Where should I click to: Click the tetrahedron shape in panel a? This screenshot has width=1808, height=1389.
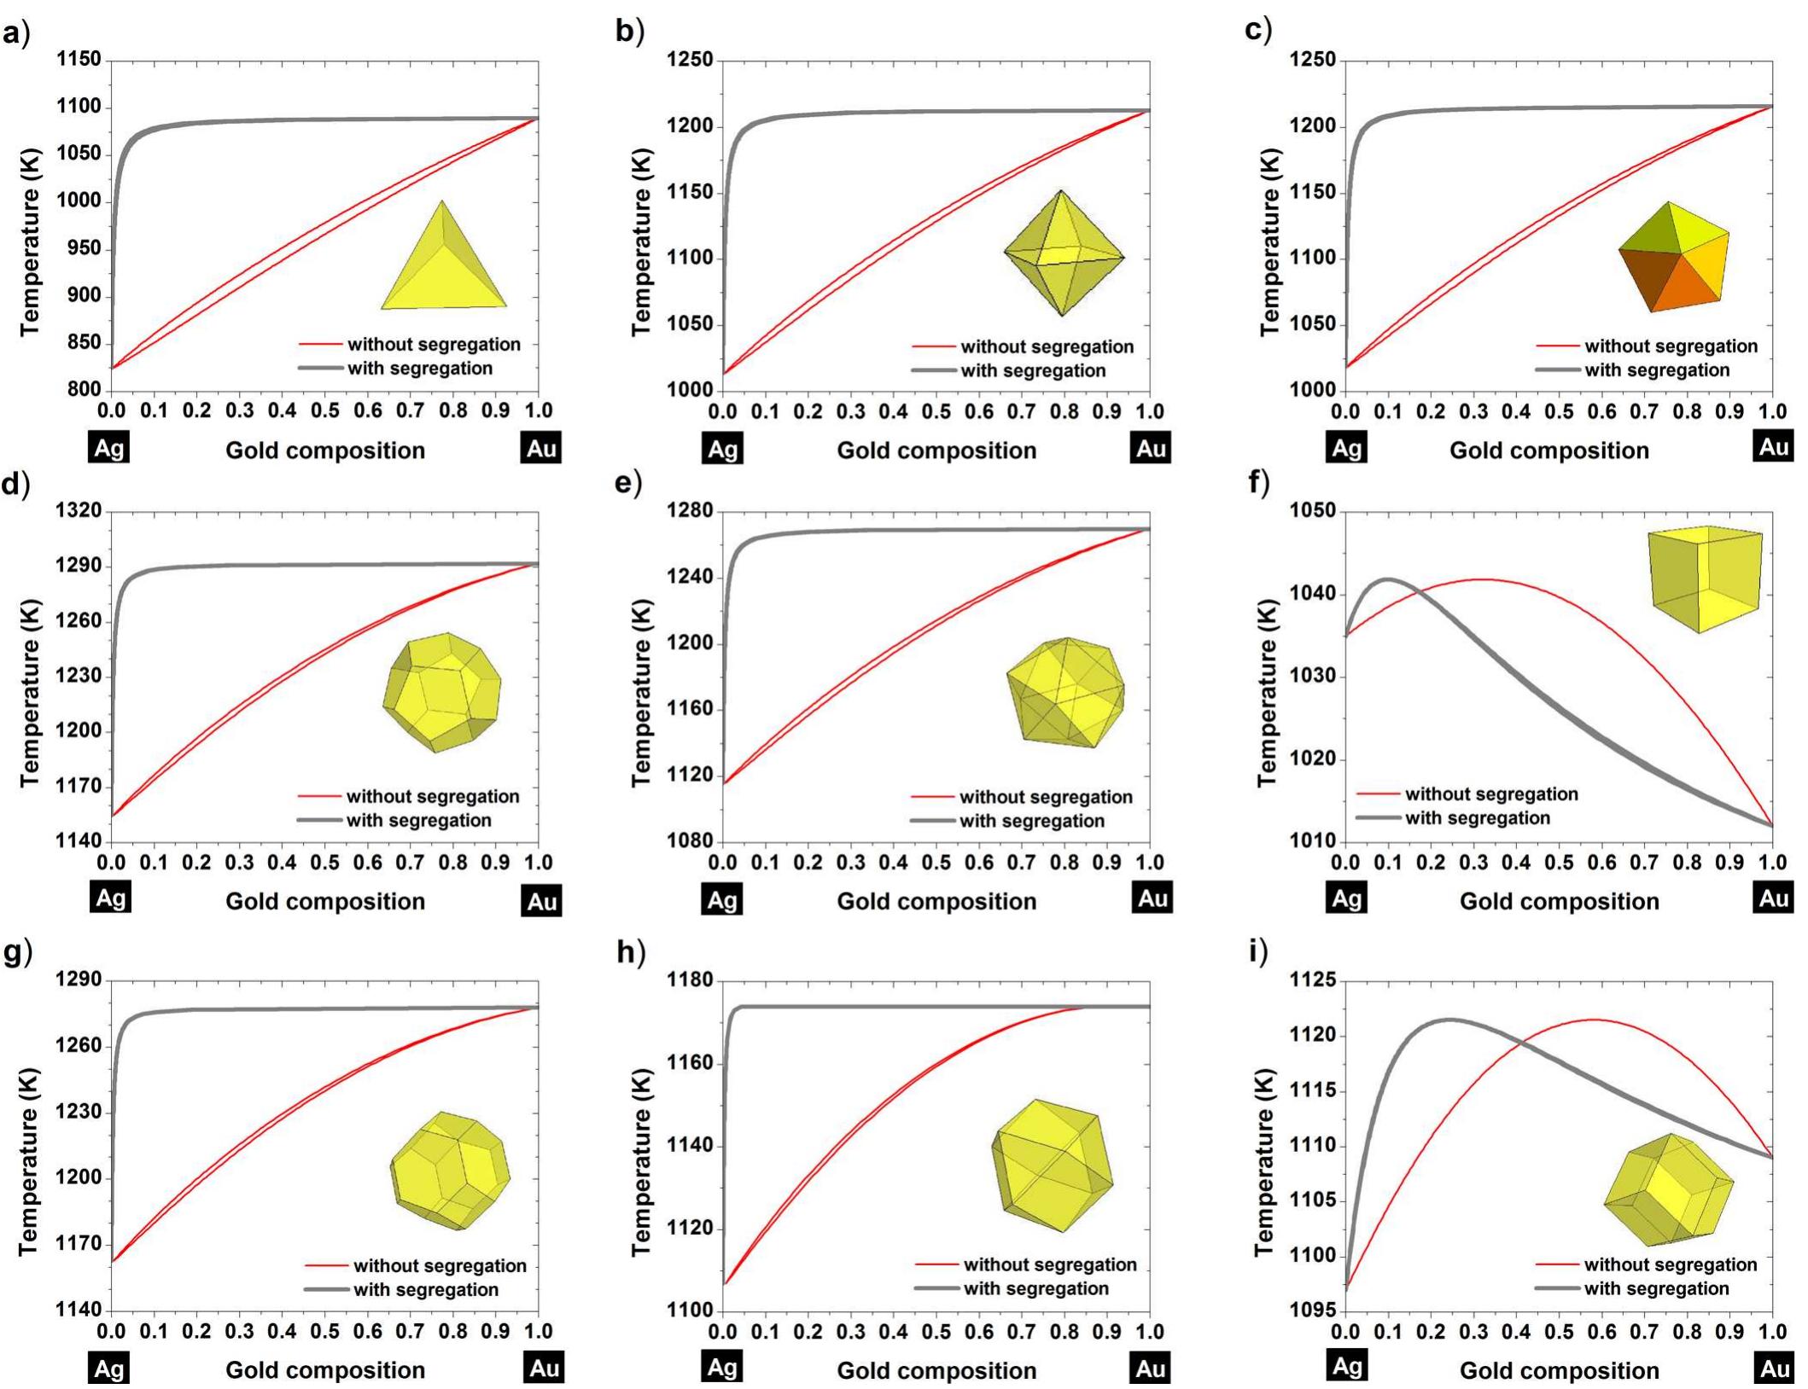(444, 264)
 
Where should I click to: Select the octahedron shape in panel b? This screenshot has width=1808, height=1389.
(1063, 253)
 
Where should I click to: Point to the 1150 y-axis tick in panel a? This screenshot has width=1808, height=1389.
(79, 60)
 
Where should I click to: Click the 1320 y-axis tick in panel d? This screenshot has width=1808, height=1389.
(79, 511)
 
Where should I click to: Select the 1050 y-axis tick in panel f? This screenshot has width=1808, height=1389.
(1313, 511)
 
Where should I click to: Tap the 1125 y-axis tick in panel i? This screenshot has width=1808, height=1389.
(1313, 980)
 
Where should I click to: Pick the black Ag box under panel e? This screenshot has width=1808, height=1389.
(722, 898)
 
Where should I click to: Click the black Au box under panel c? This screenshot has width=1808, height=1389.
(1774, 447)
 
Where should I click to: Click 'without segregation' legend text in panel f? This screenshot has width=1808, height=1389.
(1491, 794)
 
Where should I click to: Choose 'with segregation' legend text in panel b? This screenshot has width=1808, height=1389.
(1033, 371)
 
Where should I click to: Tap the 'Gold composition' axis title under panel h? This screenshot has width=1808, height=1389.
(936, 1370)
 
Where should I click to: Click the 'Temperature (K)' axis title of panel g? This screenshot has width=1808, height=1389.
(27, 1162)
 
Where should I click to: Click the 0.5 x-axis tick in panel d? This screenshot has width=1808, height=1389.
(324, 863)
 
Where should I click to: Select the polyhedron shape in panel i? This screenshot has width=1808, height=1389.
(1669, 1189)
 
